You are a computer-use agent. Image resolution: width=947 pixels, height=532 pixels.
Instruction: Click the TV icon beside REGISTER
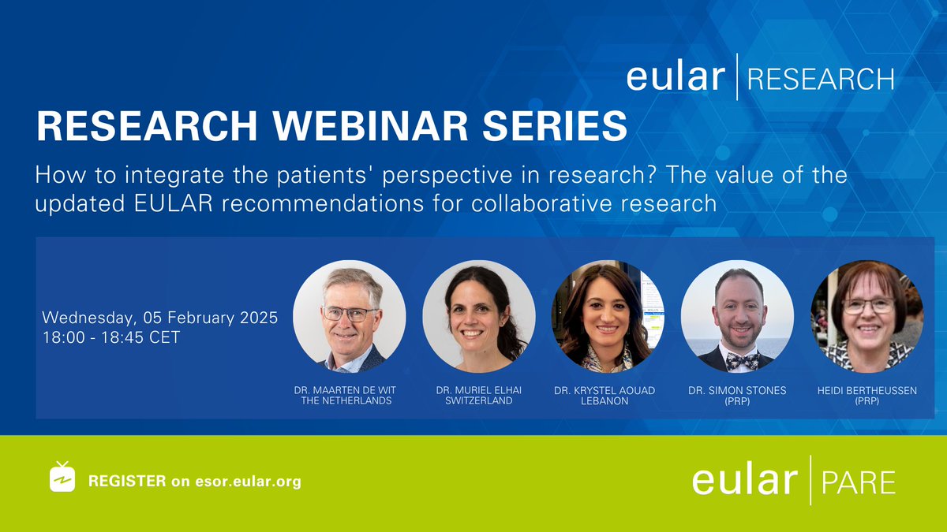coord(62,478)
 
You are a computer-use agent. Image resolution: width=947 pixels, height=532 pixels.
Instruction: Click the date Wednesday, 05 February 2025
coord(159,318)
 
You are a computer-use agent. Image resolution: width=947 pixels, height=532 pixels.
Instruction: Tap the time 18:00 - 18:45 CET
coord(110,337)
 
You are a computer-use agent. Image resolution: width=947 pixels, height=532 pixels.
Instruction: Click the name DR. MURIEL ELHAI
coord(477,391)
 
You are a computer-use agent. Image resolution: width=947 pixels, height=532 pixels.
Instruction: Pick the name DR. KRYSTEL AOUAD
coord(605,391)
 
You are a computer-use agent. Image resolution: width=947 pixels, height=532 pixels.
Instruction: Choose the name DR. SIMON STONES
coord(736,391)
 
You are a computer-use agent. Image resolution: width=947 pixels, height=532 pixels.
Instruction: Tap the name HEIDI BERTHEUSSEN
coord(867,391)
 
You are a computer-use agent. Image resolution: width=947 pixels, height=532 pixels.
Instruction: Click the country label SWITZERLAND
coord(477,401)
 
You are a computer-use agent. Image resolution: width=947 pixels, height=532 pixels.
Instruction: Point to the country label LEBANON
coord(605,401)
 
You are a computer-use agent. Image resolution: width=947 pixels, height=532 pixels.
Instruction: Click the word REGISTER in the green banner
coord(127,480)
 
